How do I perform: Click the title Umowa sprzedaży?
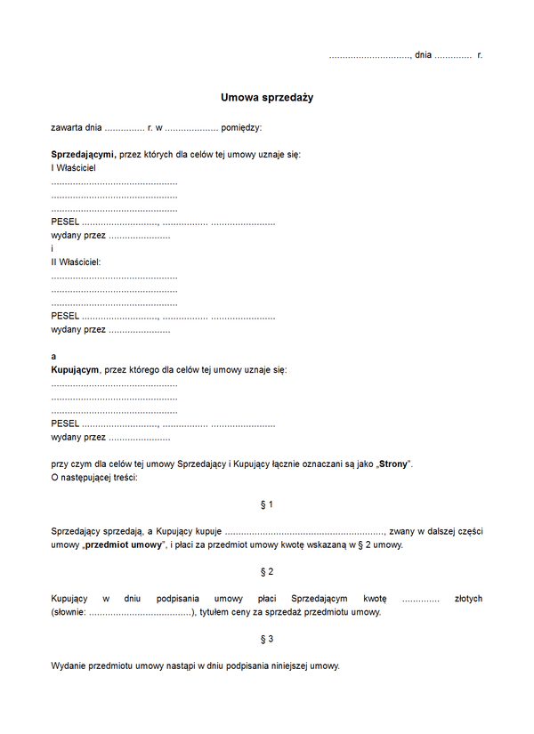[x=266, y=98]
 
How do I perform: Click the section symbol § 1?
[x=266, y=504]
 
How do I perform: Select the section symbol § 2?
[x=266, y=571]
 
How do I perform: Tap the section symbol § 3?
[x=266, y=639]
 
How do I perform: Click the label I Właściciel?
[x=73, y=167]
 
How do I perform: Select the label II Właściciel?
[x=76, y=262]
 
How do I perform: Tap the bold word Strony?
[x=392, y=464]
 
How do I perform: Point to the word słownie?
[x=69, y=612]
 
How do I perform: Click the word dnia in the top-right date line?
[x=423, y=55]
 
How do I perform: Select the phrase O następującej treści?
[x=94, y=478]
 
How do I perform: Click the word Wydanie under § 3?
[x=69, y=665]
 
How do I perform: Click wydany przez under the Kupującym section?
[x=78, y=437]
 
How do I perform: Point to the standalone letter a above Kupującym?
[x=53, y=356]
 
